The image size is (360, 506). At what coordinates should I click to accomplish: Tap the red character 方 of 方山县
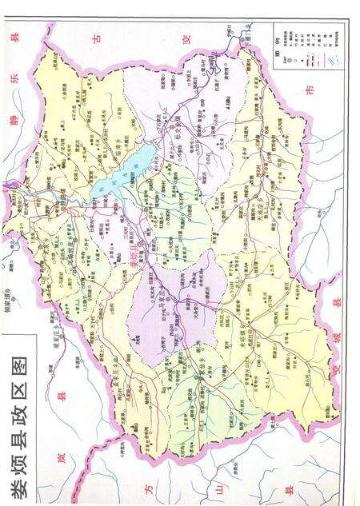pyautogui.click(x=146, y=487)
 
